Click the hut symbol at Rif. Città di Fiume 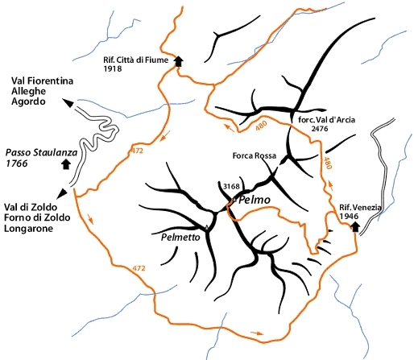pyautogui.click(x=178, y=61)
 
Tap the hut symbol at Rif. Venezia pyautogui.click(x=355, y=227)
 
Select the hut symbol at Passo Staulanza pyautogui.click(x=66, y=164)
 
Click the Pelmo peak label pyautogui.click(x=254, y=200)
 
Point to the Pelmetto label pyautogui.click(x=180, y=238)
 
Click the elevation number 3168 pyautogui.click(x=231, y=186)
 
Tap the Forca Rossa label pyautogui.click(x=255, y=155)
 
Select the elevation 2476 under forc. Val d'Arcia pyautogui.click(x=320, y=129)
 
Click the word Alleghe pyautogui.click(x=28, y=91)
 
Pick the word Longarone pyautogui.click(x=28, y=229)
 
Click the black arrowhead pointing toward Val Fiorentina pyautogui.click(x=68, y=103)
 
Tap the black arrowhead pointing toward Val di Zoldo pyautogui.click(x=62, y=193)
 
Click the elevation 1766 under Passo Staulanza pyautogui.click(x=17, y=163)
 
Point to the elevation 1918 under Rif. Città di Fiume pyautogui.click(x=113, y=68)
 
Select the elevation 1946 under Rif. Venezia pyautogui.click(x=349, y=216)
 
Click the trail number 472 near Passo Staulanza pyautogui.click(x=137, y=151)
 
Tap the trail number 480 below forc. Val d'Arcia pyautogui.click(x=328, y=163)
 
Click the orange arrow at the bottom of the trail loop pyautogui.click(x=257, y=333)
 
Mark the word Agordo pyautogui.click(x=28, y=101)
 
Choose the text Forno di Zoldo pyautogui.click(x=37, y=217)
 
